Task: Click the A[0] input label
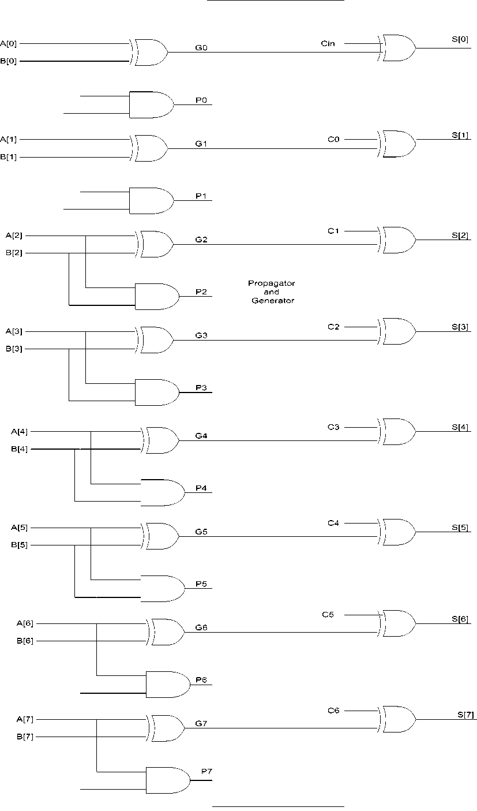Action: click(8, 44)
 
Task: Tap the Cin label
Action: click(328, 43)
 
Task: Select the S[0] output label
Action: click(460, 39)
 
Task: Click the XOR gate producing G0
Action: click(149, 53)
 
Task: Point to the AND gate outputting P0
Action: click(151, 104)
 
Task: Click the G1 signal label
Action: click(201, 144)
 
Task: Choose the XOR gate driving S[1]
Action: click(397, 144)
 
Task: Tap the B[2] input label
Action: click(14, 253)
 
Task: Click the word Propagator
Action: click(272, 283)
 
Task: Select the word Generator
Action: click(273, 301)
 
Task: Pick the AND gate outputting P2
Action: click(157, 297)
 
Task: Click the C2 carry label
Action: click(333, 327)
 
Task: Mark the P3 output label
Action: click(201, 388)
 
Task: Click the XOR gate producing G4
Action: click(160, 440)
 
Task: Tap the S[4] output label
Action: click(460, 427)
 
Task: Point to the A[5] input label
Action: click(20, 528)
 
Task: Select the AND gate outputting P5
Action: click(163, 588)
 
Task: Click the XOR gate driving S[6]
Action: click(397, 623)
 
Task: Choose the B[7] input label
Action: click(25, 737)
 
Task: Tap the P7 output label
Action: click(206, 772)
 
